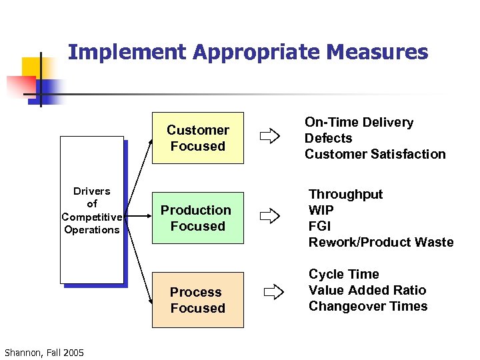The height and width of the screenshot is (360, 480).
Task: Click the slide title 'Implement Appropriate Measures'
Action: click(x=248, y=53)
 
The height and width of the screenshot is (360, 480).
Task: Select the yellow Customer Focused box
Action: click(x=198, y=138)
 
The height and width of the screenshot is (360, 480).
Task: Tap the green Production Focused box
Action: click(x=198, y=218)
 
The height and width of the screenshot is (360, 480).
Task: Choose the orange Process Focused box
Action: click(x=198, y=300)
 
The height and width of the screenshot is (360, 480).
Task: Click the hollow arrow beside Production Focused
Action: click(x=270, y=216)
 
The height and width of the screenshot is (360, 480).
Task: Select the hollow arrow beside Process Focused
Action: click(x=273, y=291)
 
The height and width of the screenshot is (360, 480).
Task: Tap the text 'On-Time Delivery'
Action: click(x=359, y=122)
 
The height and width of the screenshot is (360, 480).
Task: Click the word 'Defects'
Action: click(x=328, y=138)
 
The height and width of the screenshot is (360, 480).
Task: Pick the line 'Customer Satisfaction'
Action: click(x=375, y=154)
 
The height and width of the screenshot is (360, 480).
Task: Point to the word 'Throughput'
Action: click(x=345, y=194)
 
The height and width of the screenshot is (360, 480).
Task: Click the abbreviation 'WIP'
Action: click(x=321, y=210)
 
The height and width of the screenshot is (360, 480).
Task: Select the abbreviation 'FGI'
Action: click(x=319, y=226)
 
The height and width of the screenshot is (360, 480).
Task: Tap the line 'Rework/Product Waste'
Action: click(x=381, y=242)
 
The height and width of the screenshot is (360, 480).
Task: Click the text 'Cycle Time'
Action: click(x=343, y=274)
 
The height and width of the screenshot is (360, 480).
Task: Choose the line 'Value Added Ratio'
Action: click(x=367, y=290)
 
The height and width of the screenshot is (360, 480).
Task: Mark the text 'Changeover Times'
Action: click(x=368, y=306)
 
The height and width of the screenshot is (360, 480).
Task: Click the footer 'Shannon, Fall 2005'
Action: click(x=44, y=352)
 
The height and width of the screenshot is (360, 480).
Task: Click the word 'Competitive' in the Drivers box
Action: click(x=91, y=217)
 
